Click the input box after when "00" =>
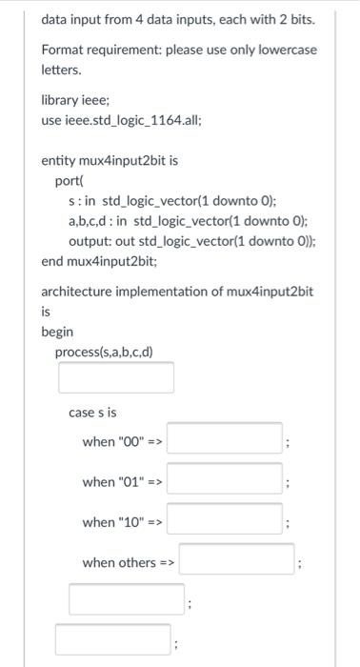(225, 439)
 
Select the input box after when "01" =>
(225, 479)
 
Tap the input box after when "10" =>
(225, 520)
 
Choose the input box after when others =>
(237, 560)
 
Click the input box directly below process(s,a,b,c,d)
(116, 377)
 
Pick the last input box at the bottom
(113, 638)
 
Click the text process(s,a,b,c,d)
(104, 352)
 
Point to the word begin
(57, 332)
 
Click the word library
(60, 100)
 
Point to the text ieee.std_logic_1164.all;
(134, 120)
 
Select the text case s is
(93, 412)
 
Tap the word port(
(70, 180)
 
